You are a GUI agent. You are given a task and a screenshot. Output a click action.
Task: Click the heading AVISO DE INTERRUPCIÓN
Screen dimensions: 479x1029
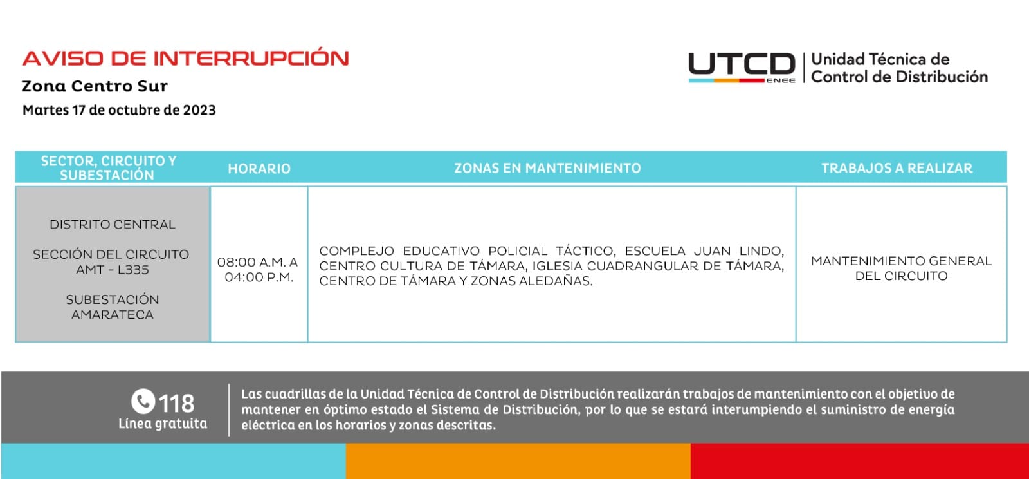(x=185, y=59)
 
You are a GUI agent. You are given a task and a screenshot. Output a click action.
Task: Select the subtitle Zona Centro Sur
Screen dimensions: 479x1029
(x=95, y=86)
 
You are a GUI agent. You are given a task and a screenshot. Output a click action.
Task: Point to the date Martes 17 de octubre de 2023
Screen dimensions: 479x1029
(x=119, y=110)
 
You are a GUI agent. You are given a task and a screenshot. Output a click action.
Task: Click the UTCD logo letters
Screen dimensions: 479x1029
(x=742, y=64)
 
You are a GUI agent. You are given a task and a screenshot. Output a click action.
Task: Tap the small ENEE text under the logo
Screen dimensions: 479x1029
(x=781, y=80)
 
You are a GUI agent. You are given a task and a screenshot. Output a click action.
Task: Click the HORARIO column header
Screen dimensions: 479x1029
(x=259, y=169)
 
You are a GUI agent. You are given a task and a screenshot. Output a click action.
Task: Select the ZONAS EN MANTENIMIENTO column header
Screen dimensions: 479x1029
(x=547, y=168)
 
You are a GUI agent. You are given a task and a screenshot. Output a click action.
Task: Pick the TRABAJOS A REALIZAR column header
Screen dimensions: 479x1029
(x=897, y=168)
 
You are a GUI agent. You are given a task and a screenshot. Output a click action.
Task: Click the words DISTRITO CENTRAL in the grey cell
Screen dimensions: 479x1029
(x=113, y=225)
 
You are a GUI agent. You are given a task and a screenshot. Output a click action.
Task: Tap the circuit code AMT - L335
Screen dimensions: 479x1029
(x=113, y=270)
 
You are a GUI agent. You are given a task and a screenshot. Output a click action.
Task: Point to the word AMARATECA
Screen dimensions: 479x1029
(x=113, y=315)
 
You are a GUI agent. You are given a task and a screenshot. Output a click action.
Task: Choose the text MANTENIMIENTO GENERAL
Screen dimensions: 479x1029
(x=901, y=261)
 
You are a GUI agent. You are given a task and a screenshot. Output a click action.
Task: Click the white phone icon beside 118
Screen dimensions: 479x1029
(x=143, y=401)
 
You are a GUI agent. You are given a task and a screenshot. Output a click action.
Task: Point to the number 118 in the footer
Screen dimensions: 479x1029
(x=176, y=404)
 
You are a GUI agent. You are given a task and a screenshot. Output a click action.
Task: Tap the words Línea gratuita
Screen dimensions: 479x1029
(x=163, y=424)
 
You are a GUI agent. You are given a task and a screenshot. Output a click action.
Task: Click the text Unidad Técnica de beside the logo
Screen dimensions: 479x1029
(x=880, y=59)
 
